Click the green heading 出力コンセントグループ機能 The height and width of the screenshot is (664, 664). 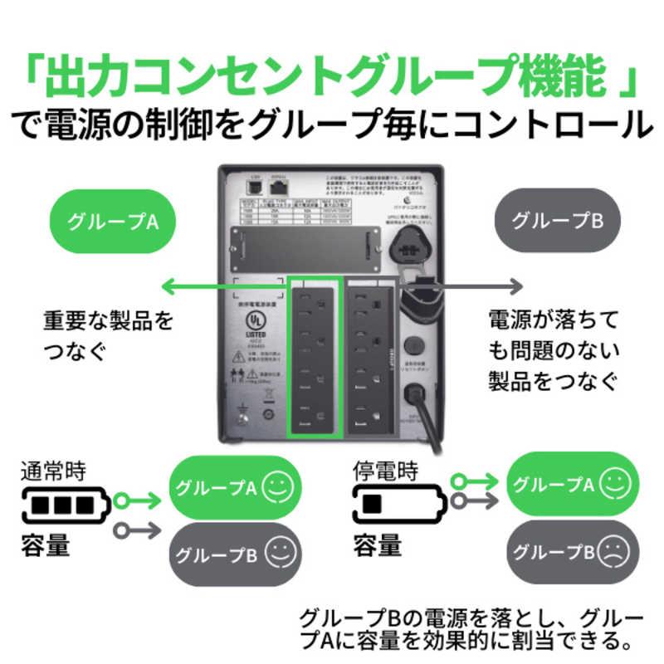[332, 77]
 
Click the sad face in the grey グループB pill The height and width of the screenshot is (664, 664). [614, 550]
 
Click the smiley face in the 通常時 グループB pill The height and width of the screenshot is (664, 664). [278, 549]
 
